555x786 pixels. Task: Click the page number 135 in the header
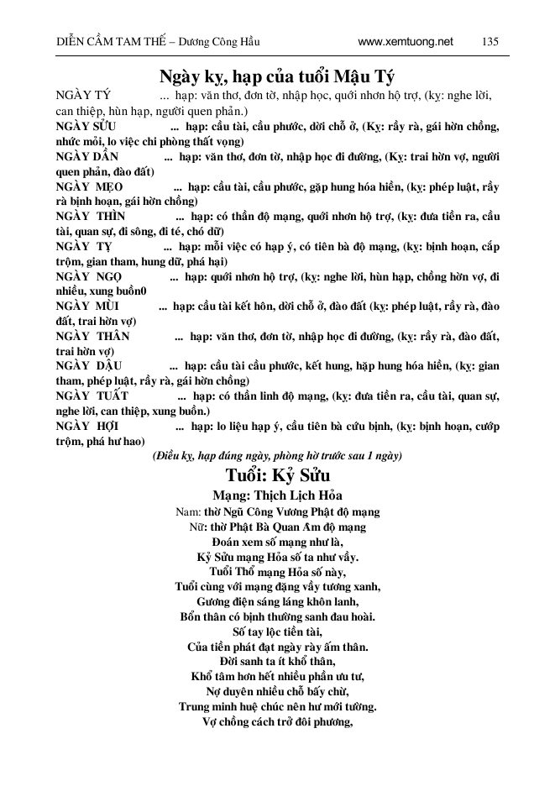[x=491, y=41]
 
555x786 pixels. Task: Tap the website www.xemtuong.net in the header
[x=405, y=41]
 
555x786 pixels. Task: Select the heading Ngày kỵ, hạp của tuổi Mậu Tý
[x=277, y=76]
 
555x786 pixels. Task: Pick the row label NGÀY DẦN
[x=87, y=157]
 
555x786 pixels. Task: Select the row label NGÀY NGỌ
[x=88, y=277]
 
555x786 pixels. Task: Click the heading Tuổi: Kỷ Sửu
[x=277, y=474]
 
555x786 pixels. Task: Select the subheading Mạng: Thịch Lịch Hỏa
[x=277, y=495]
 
